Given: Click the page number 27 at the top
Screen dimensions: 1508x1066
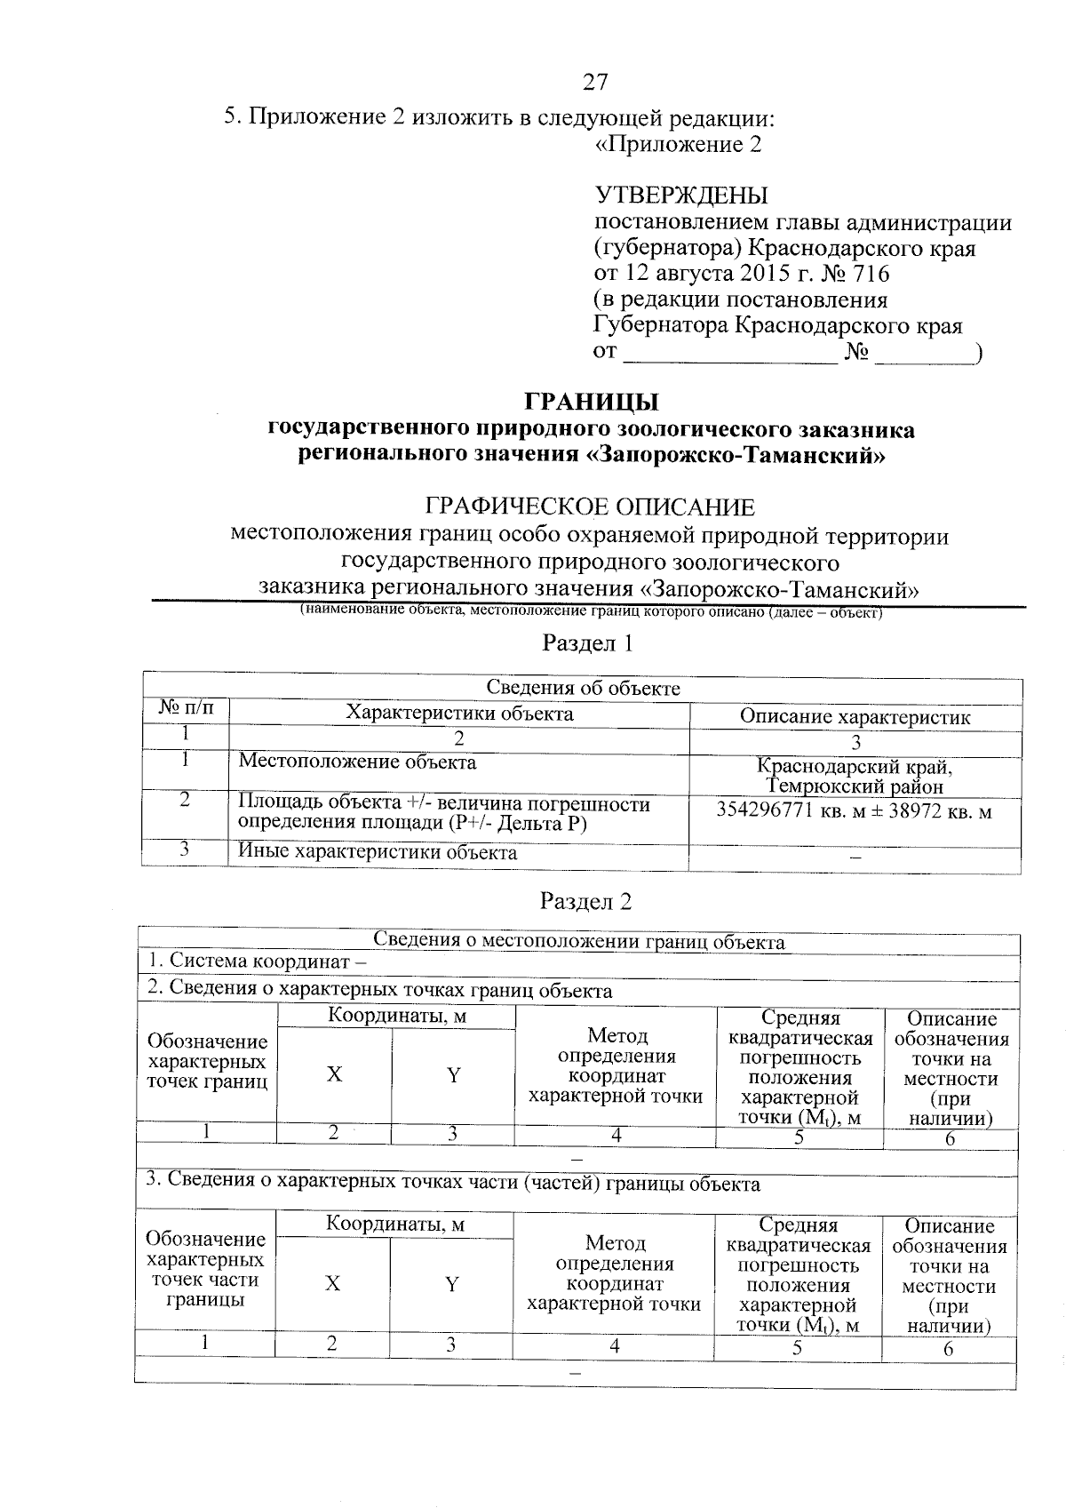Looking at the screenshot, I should click(x=595, y=83).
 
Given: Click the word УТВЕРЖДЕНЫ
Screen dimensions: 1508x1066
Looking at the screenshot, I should click(x=680, y=195).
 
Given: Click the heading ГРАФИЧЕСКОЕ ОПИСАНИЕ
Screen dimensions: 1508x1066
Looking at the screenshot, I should click(x=591, y=507).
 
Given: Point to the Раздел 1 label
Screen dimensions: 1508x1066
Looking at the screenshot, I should click(x=587, y=642).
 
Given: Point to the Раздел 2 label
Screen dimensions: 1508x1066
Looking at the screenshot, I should click(x=586, y=901).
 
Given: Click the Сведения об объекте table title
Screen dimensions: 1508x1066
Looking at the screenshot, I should click(x=583, y=688).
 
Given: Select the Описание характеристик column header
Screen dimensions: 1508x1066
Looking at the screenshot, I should click(x=855, y=717).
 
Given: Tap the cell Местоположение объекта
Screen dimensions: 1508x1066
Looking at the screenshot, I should click(x=357, y=762).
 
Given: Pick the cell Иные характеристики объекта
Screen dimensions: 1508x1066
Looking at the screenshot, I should click(x=378, y=853).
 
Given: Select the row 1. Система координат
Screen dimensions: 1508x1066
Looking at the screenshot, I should click(x=258, y=961).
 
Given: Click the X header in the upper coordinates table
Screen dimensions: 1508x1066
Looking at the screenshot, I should click(x=333, y=1074).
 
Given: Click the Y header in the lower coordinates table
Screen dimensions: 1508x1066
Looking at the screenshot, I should click(x=452, y=1284).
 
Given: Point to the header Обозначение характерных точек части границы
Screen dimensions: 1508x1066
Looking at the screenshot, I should click(x=205, y=1269).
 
